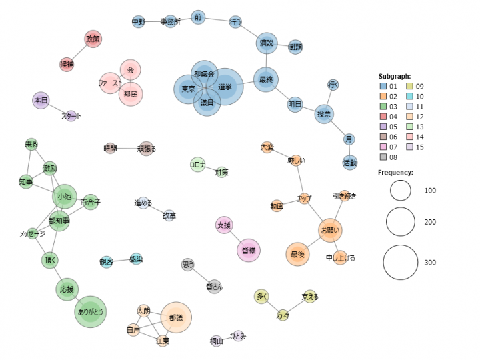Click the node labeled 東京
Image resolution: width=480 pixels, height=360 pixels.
pos(189,89)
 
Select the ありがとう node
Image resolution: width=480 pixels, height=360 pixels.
pos(90,311)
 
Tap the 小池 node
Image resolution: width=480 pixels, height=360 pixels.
pos(65,197)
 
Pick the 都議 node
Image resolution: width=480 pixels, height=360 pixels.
pos(175,317)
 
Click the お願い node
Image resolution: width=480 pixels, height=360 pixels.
pos(330,231)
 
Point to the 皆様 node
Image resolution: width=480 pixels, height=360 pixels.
pos(248,250)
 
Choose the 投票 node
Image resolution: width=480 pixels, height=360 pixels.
pos(325,114)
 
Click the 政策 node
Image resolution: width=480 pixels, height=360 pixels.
pos(93,39)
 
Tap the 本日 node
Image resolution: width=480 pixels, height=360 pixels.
pos(41,101)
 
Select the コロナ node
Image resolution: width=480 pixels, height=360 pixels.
pos(198,164)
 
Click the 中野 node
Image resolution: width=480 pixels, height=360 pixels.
pos(138,22)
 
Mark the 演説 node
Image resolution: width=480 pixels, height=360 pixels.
pos(266,43)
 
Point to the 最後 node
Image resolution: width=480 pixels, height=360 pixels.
pos(297,254)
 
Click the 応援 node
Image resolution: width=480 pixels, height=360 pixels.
pos(67,289)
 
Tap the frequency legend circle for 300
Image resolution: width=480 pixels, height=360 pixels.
pos(401,263)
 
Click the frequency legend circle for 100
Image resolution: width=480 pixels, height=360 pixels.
pos(401,191)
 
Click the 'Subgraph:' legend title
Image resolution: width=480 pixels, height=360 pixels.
pos(394,76)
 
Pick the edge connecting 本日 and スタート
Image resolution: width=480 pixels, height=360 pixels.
pos(56,109)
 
